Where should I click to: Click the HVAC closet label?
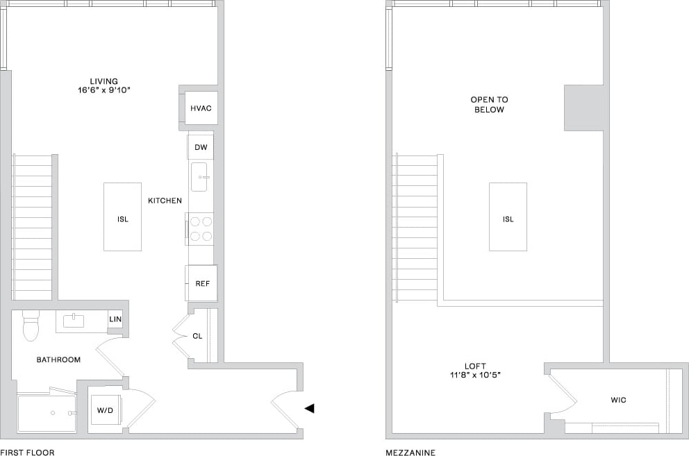tap(201, 108)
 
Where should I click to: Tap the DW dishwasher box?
tap(201, 147)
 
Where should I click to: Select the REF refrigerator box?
tap(201, 283)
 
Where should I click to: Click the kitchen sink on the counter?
tap(200, 177)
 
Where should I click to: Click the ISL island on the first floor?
tap(123, 217)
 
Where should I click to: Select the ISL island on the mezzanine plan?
tap(508, 217)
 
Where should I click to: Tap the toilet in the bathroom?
tap(31, 326)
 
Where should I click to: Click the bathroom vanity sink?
tap(74, 321)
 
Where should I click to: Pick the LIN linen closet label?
tap(115, 319)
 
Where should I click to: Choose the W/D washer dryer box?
tap(106, 409)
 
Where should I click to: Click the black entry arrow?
tap(309, 408)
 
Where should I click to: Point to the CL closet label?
tap(197, 336)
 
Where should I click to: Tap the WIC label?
tap(618, 400)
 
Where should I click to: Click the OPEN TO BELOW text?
tap(489, 104)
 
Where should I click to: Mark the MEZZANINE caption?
tap(411, 453)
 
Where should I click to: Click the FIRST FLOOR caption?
tap(28, 453)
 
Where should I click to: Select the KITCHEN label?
tap(165, 201)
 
